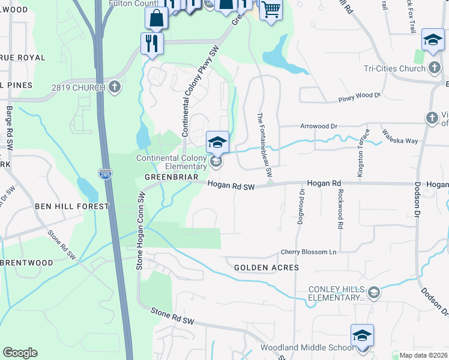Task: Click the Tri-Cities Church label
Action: (x=394, y=68)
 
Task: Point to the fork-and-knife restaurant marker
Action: (x=151, y=43)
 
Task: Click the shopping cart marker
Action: (x=271, y=10)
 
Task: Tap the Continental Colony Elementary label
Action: (x=172, y=162)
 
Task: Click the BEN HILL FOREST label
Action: (x=72, y=206)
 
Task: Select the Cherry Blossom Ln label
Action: (x=310, y=253)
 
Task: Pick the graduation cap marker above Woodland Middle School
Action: (x=363, y=335)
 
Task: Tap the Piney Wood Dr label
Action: (x=360, y=95)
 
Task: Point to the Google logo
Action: (x=20, y=353)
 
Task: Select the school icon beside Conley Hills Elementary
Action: (x=373, y=292)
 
